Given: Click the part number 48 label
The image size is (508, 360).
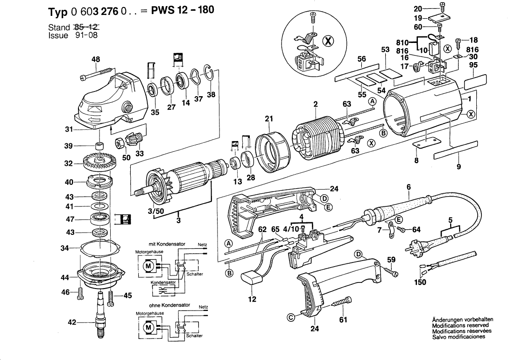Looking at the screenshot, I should (x=96, y=59).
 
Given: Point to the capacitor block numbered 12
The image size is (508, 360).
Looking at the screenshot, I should (x=253, y=279).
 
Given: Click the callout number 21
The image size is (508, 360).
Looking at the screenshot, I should (x=268, y=119).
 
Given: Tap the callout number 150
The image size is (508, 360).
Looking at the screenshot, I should (x=421, y=282).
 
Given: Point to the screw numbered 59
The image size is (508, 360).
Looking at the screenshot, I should (x=390, y=270).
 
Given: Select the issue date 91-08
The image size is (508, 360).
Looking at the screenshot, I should (x=86, y=35).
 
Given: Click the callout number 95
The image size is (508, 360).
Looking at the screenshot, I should (x=474, y=66).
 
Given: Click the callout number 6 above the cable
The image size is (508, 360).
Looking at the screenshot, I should (x=409, y=187).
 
